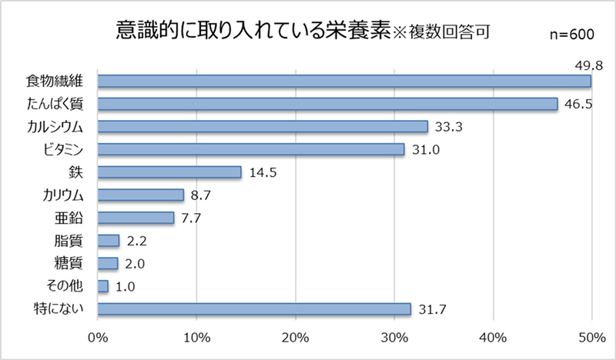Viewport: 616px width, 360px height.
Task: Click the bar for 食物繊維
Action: pos(344,80)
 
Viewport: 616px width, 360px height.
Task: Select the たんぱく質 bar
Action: pos(328,103)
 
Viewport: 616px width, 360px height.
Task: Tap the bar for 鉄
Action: pos(169,172)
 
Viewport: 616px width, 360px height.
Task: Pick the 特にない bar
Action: pos(254,309)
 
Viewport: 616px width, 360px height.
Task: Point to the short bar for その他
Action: pos(103,286)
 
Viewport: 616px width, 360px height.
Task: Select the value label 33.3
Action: pos(447,126)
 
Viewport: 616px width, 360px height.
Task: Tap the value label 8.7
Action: pos(201,195)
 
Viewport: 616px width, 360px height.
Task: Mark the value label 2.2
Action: pos(136,241)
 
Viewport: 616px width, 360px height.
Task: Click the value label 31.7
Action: pos(431,310)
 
